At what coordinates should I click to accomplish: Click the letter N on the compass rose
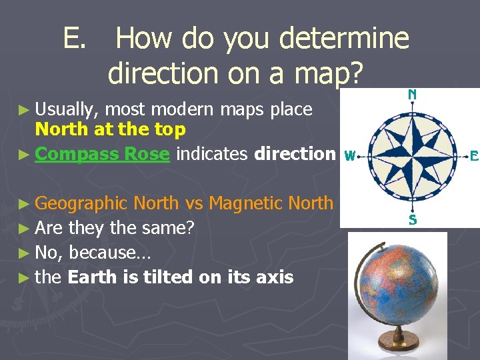click(413, 95)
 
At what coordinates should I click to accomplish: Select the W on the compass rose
click(349, 157)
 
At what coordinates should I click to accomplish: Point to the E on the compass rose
click(474, 157)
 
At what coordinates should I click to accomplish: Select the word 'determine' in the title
click(344, 38)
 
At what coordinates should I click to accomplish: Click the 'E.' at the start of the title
click(75, 38)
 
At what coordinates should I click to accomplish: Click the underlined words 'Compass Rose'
click(103, 154)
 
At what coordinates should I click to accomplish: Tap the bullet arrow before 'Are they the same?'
click(25, 228)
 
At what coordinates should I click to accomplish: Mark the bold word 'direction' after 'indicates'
click(295, 154)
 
